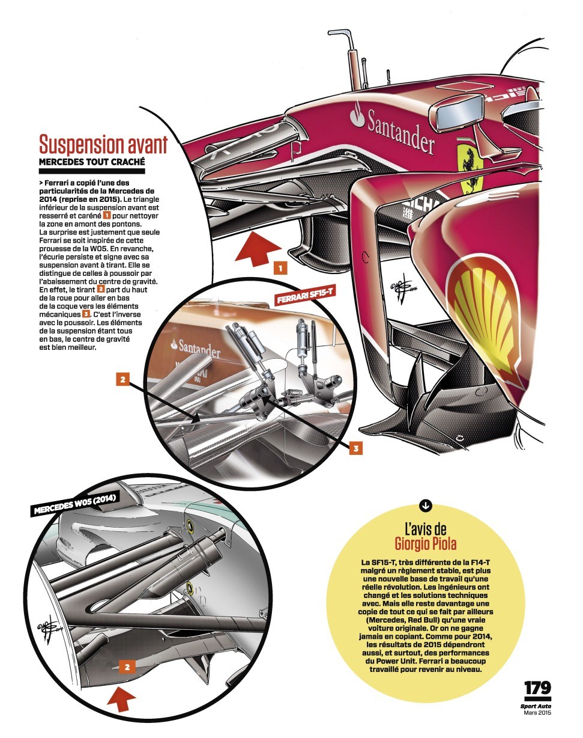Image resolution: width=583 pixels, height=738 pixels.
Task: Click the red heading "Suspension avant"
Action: pyautogui.click(x=103, y=144)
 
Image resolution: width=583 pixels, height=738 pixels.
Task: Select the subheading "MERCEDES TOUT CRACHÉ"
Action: pyautogui.click(x=92, y=162)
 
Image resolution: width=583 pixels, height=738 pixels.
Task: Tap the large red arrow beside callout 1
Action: pyautogui.click(x=258, y=248)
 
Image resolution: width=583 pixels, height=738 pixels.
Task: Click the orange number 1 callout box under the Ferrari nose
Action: pyautogui.click(x=280, y=268)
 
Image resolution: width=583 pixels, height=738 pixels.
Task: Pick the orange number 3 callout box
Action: pyautogui.click(x=356, y=448)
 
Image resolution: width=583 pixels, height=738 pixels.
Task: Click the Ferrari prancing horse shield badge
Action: pyautogui.click(x=471, y=167)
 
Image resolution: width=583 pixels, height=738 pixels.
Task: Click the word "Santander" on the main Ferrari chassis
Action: pyautogui.click(x=400, y=132)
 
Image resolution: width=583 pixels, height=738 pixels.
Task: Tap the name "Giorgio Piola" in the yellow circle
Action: pyautogui.click(x=425, y=544)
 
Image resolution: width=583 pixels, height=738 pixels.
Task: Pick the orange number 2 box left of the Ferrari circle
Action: pyautogui.click(x=122, y=379)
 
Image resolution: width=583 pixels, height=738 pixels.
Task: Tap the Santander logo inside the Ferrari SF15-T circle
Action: pyautogui.click(x=196, y=348)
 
